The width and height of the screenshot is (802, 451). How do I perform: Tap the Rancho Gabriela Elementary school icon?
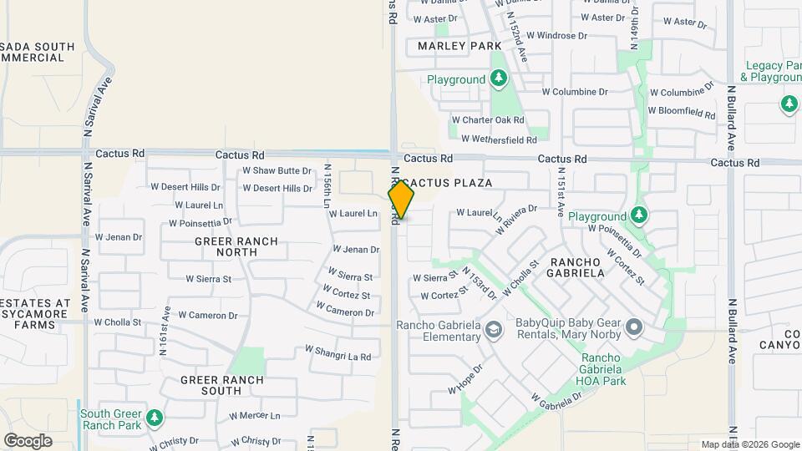(493, 331)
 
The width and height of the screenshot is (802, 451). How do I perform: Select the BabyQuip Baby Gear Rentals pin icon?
(634, 327)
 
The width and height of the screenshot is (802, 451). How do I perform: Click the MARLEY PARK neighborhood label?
(459, 46)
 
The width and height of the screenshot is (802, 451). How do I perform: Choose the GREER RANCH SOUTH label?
(222, 385)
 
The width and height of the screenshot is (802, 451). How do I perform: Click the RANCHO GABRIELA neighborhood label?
(576, 266)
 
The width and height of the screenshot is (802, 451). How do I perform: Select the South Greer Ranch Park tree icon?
(154, 417)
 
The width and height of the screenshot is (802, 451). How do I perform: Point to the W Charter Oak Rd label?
(487, 120)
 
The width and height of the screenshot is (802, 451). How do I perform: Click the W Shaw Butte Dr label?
(277, 170)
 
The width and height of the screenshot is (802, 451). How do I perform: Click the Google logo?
(28, 441)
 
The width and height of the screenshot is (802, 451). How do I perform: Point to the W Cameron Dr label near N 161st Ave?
(212, 316)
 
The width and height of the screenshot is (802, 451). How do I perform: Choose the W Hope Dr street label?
(465, 378)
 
